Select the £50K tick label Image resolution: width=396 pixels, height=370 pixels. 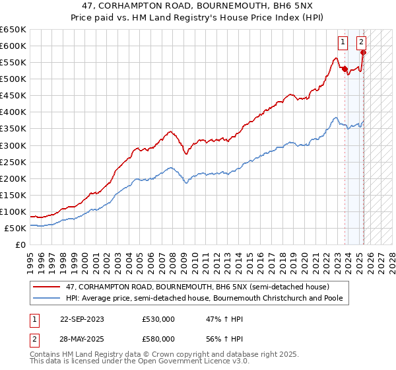[x=15, y=228]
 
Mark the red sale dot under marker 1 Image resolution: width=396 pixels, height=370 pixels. [x=345, y=68]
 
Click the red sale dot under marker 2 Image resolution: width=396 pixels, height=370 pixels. [x=363, y=52]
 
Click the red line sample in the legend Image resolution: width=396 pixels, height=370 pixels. [x=48, y=286]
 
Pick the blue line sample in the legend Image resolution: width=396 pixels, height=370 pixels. [x=48, y=298]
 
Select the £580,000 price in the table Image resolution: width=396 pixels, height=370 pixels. [x=158, y=338]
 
